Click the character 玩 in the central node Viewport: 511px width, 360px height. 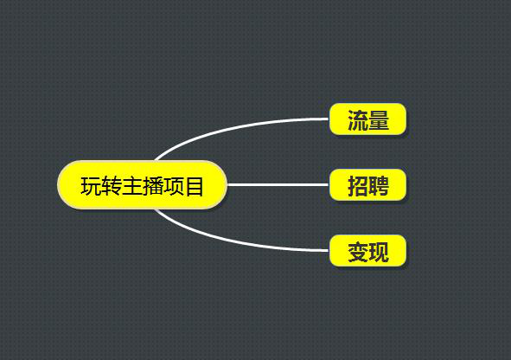tap(91, 186)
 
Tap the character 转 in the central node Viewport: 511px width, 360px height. tap(112, 186)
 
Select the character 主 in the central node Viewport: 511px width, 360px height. tap(132, 186)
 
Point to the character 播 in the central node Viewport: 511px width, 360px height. tap(152, 186)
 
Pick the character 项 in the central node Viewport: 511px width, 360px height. tap(173, 186)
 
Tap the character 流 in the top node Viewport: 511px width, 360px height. tap(358, 120)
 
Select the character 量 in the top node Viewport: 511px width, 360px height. tap(379, 120)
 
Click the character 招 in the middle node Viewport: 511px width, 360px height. tap(358, 186)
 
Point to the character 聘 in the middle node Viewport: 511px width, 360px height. tap(379, 186)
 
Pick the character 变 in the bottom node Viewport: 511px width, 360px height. tap(358, 252)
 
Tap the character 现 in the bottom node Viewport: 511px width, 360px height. tap(379, 252)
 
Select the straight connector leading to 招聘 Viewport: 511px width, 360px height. tap(278, 184)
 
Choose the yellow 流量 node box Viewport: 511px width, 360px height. tap(368, 119)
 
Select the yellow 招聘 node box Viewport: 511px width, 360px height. tap(368, 184)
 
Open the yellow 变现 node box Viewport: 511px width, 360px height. tap(368, 250)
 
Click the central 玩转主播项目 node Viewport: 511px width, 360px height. tap(142, 184)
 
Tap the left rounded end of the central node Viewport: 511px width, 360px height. tap(60, 184)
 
